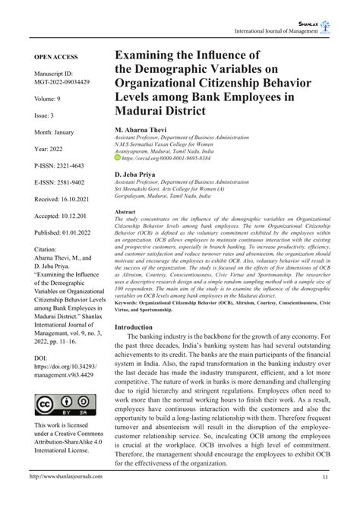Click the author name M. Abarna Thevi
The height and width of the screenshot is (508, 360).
point(142,131)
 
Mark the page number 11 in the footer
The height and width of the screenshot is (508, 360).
point(325,499)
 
